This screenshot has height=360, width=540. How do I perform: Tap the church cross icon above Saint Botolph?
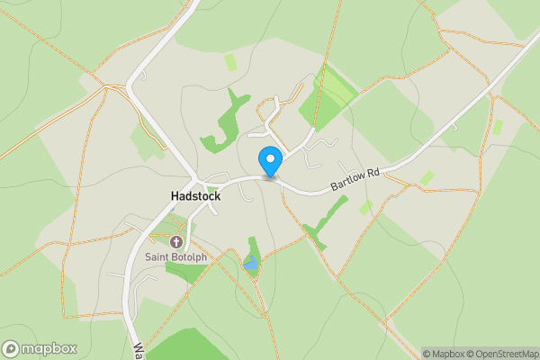coord(176,241)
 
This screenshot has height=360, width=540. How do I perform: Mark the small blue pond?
coord(249,264)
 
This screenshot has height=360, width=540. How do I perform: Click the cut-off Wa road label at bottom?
coord(139,349)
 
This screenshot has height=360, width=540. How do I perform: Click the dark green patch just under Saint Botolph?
coord(184,271)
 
